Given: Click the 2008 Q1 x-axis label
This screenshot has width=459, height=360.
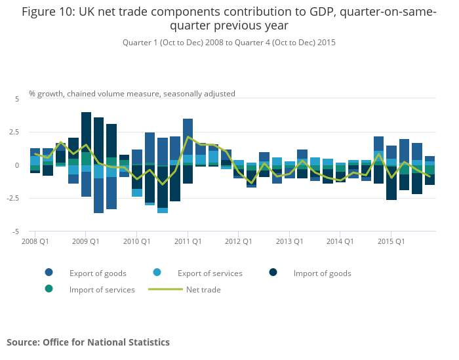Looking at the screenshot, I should coord(35,242).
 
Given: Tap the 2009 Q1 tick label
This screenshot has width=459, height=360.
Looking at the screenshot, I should coord(86,242).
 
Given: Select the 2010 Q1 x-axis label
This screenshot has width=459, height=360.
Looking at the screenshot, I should coord(137,242).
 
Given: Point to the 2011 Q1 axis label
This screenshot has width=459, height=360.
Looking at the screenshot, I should coord(188,242).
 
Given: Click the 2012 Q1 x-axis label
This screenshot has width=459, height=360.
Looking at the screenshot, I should coord(239,242).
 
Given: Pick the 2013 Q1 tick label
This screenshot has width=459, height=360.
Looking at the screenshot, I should coord(289,242).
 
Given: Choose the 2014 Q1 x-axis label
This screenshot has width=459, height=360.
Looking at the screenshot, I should coord(340,242).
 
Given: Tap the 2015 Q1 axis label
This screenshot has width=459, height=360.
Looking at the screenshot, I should coord(391,242).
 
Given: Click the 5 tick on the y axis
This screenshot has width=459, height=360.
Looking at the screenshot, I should coord(18,99).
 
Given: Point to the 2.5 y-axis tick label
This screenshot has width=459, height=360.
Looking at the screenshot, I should coord(14,132).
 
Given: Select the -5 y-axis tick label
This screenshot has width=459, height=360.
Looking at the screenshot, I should coord(16,232).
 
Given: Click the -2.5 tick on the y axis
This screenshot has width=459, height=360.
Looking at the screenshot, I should coord(13,199).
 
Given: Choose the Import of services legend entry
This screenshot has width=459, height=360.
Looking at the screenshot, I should coord(102,290).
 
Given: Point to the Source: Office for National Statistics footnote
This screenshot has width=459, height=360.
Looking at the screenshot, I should coord(89,342).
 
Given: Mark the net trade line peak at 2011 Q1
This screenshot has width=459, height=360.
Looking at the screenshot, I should coord(188,137).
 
